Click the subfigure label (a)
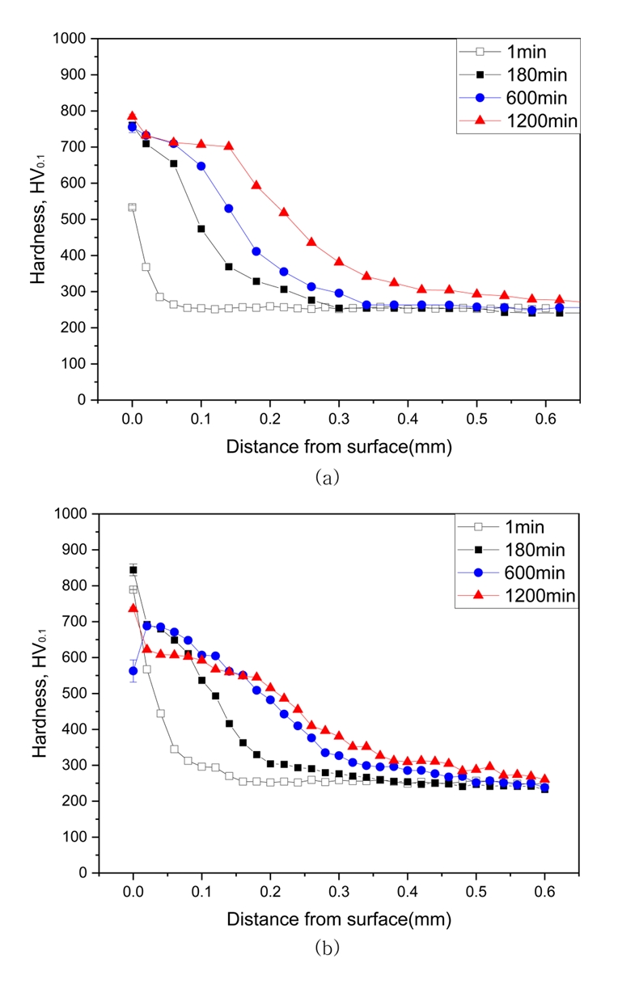326,478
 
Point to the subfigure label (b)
326,949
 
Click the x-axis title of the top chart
338,446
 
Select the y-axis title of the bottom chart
38,693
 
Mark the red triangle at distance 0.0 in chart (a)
132,116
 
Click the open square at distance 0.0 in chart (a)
132,207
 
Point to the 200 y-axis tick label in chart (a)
74,327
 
